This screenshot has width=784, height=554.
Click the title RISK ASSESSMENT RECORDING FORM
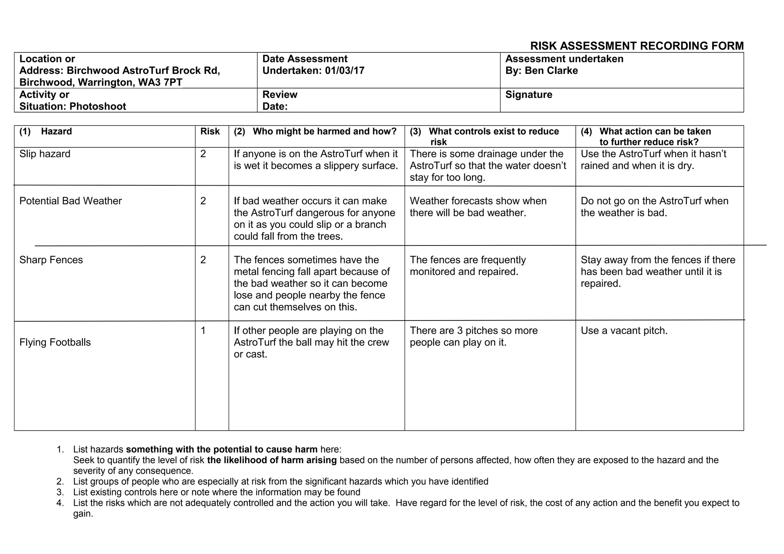click(x=637, y=46)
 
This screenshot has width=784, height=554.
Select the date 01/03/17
click(x=345, y=71)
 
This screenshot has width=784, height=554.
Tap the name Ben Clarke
click(x=551, y=71)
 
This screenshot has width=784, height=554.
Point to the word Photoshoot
click(x=98, y=106)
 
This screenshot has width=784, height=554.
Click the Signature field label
click(x=528, y=95)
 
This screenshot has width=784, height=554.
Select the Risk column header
click(x=210, y=132)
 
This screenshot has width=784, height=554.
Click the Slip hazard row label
click(x=45, y=154)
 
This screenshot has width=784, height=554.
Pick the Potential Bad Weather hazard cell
click(x=70, y=201)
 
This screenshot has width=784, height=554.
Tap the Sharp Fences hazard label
click(x=51, y=260)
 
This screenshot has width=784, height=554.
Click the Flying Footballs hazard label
click(x=55, y=342)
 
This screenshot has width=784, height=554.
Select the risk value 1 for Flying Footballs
click(x=203, y=331)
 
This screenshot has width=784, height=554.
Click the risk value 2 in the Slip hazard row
click(x=203, y=154)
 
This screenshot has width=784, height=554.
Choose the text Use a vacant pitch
click(x=624, y=331)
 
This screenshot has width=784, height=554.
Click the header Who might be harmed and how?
click(x=324, y=132)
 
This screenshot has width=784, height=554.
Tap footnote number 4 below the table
click(x=60, y=503)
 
